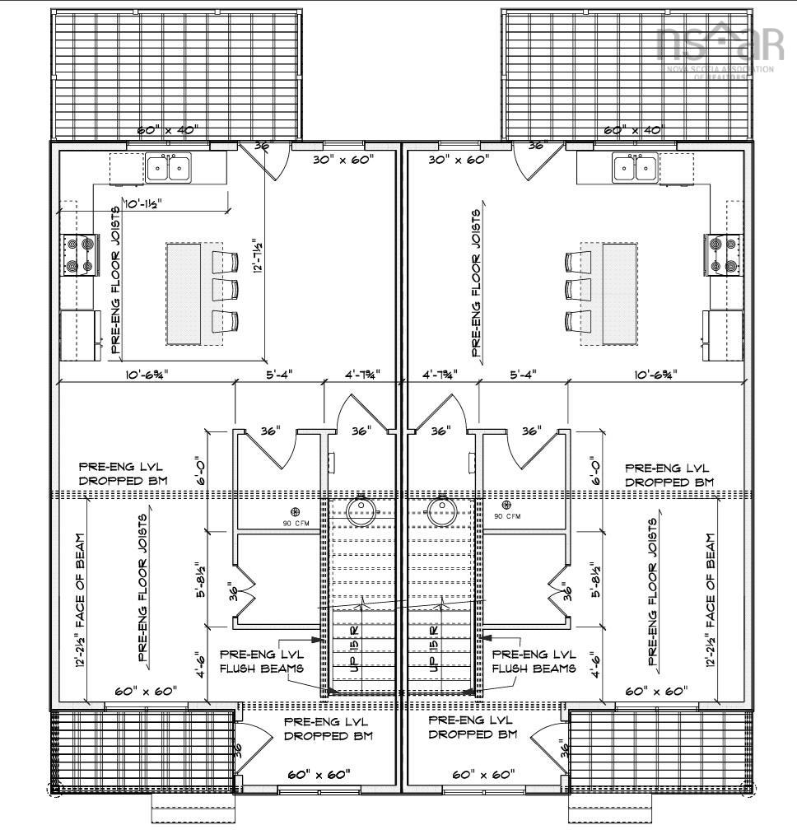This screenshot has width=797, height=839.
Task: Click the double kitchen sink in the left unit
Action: (168, 168)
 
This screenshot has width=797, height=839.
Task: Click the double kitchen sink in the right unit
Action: (634, 169)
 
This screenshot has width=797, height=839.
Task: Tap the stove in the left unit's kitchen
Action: (79, 255)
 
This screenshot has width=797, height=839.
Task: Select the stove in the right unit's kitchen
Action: (724, 255)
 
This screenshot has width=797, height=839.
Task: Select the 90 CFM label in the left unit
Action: (295, 524)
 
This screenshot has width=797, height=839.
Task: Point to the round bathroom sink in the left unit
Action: (361, 510)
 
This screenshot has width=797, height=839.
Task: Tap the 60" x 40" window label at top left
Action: (167, 131)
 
